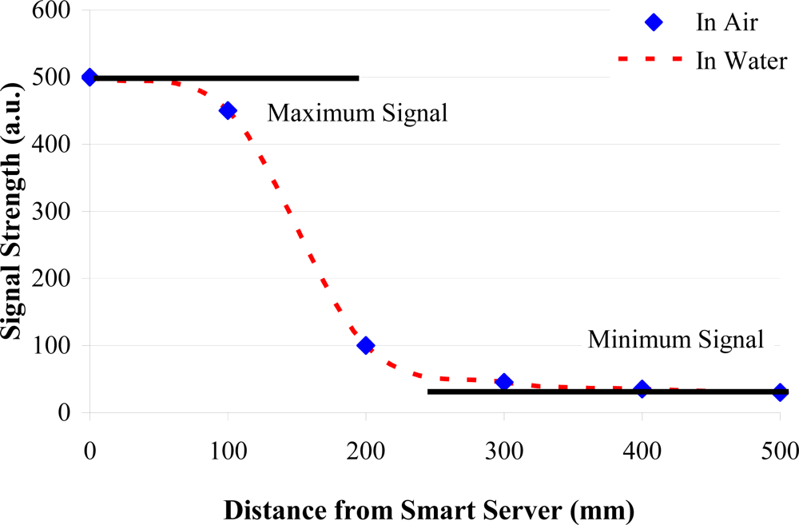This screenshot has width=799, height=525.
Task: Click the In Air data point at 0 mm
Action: (x=89, y=78)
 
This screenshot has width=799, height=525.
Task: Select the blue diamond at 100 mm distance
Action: (x=228, y=110)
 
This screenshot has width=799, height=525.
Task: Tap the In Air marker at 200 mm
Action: (x=366, y=345)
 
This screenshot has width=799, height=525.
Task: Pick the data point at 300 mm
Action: (x=503, y=382)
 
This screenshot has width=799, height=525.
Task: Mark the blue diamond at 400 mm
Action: (x=642, y=389)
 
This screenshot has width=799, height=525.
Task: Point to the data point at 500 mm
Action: (x=780, y=392)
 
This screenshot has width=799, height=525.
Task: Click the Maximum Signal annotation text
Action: (x=357, y=113)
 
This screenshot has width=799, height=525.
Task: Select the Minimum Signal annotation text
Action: (x=676, y=339)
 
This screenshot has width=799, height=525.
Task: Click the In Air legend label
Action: (x=725, y=22)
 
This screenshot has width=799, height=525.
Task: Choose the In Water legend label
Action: (x=741, y=60)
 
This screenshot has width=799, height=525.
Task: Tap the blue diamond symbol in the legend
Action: (x=654, y=22)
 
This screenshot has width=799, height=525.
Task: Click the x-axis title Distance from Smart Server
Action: (x=429, y=508)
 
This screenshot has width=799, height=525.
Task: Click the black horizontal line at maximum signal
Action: (x=240, y=78)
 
